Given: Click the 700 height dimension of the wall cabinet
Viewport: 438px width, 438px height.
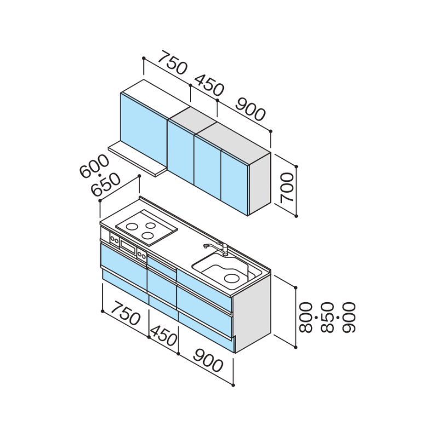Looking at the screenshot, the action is click(287, 187).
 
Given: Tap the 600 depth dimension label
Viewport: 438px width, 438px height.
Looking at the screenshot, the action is click(94, 166).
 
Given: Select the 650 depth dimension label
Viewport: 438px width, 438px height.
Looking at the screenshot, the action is click(106, 185).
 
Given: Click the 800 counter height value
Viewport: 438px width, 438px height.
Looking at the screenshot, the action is click(306, 317).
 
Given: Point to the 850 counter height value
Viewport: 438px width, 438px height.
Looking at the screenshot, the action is click(327, 317).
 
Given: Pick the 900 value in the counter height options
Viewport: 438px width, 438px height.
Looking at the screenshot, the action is click(349, 317).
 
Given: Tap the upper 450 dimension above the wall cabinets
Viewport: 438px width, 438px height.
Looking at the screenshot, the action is click(209, 85).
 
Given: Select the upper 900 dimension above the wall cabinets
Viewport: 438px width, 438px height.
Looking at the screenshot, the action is click(250, 109).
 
